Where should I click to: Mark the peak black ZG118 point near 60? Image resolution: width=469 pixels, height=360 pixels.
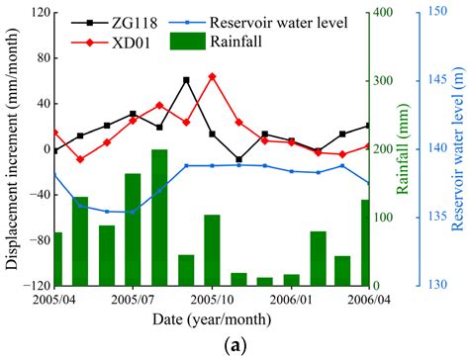point(186,80)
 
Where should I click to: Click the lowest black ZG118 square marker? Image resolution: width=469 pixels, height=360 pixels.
point(238,159)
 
